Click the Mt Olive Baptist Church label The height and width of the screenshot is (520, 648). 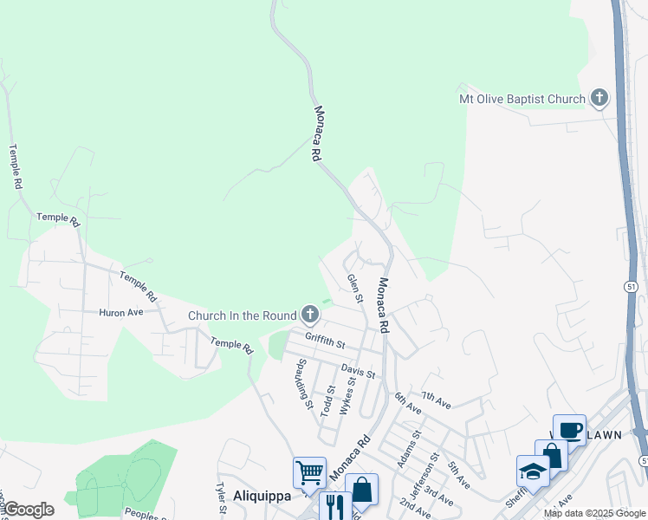[522, 99]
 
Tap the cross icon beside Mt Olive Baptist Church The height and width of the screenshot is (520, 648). [599, 98]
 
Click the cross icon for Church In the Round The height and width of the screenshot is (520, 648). [310, 315]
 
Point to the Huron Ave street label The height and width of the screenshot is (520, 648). [120, 312]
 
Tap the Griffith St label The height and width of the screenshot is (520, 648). [325, 341]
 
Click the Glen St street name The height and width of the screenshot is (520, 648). [354, 289]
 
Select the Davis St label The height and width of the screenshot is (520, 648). [358, 372]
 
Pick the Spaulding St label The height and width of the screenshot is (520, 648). [304, 382]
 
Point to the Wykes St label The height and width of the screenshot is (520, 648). [348, 395]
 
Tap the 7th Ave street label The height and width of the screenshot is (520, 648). [438, 402]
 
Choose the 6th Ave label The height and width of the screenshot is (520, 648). [407, 403]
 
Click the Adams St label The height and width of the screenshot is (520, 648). [408, 449]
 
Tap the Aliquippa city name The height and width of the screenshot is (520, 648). [262, 496]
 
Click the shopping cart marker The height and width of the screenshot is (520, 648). [309, 473]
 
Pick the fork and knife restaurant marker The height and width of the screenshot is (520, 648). [334, 505]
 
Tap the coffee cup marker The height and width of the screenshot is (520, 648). [570, 430]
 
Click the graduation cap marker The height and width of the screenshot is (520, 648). [533, 471]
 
